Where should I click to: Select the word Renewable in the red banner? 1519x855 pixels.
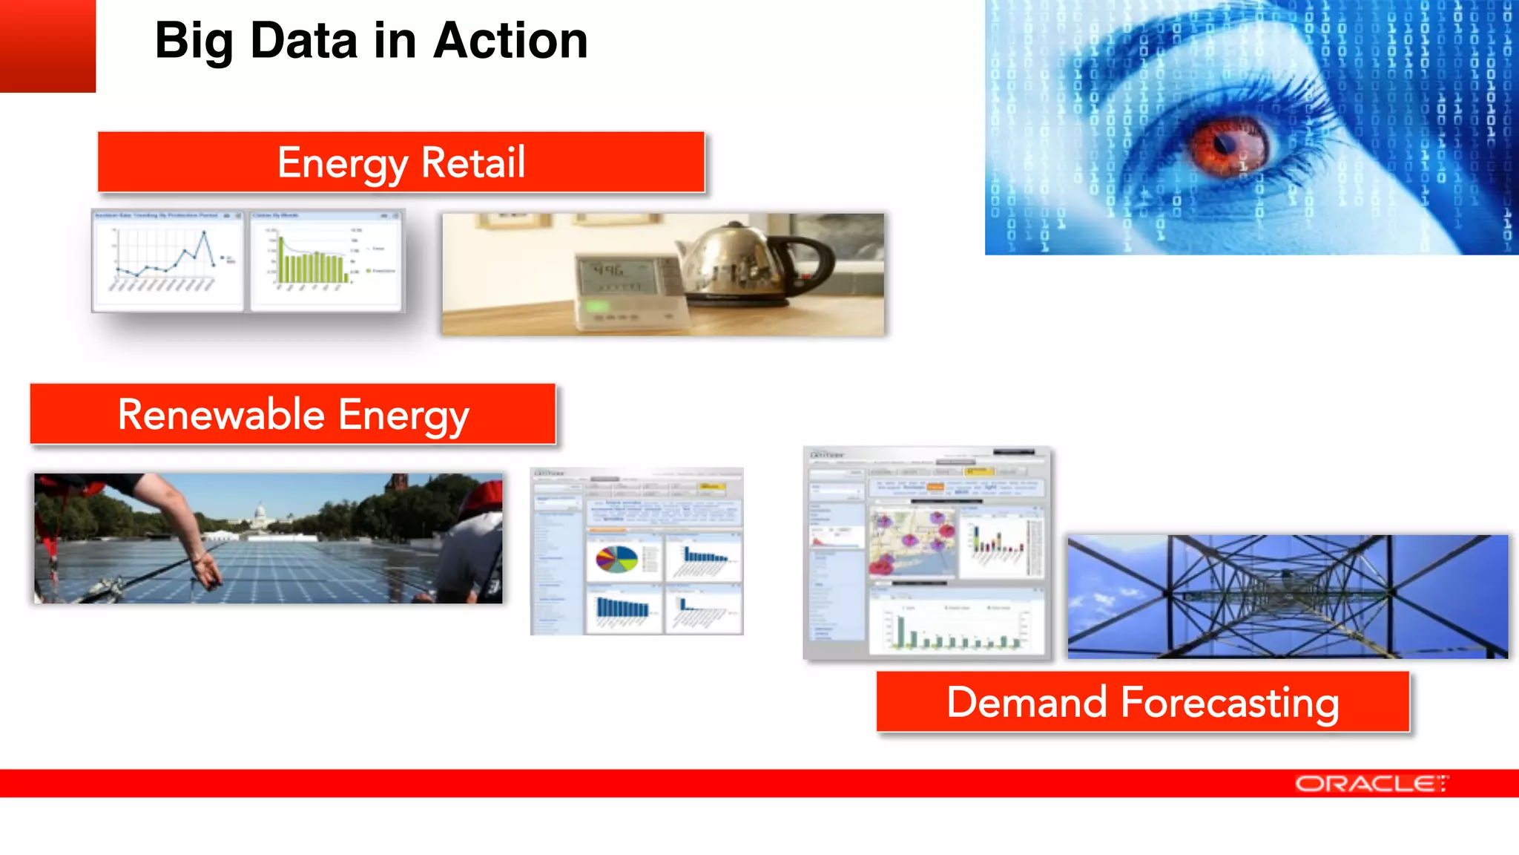[221, 414]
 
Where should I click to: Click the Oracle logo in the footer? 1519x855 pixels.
[1371, 784]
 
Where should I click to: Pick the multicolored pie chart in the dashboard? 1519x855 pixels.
[616, 559]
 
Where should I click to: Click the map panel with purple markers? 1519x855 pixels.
[912, 543]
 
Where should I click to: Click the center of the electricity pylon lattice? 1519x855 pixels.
[1287, 594]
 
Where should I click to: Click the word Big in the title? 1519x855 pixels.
[193, 41]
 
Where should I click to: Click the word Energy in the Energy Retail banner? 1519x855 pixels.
[342, 163]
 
